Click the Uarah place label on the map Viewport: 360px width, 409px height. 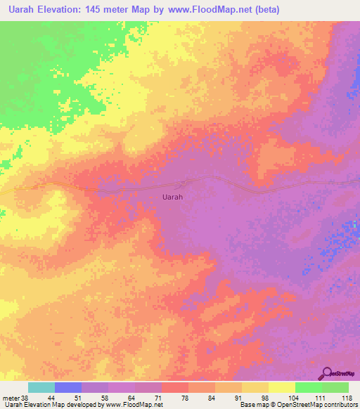click(172, 197)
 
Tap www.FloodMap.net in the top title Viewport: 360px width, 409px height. click(219, 11)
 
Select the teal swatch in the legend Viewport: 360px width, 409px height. click(41, 387)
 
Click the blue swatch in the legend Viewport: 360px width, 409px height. click(68, 387)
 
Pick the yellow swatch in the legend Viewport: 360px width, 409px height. click(281, 387)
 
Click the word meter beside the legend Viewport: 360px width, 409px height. click(11, 398)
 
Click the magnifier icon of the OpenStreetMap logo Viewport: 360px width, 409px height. click(328, 372)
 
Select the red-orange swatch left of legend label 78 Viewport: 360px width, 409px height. click(174, 387)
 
